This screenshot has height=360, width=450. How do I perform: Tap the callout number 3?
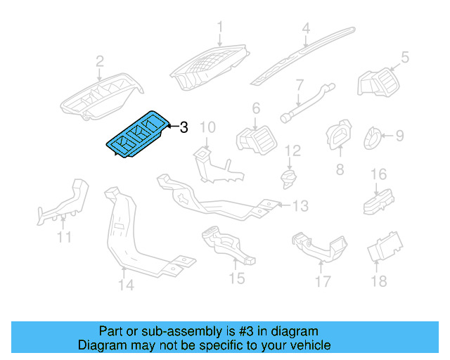[184, 127]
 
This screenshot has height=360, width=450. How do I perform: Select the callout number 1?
[219, 27]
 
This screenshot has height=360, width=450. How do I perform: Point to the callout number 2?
[100, 60]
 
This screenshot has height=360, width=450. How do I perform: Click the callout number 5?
[405, 56]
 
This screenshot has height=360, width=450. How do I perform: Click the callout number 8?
[340, 169]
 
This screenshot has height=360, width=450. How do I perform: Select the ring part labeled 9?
[373, 138]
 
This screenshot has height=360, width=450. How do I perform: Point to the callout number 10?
[207, 127]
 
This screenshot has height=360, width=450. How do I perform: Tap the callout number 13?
[300, 206]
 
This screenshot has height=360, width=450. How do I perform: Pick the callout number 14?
[125, 285]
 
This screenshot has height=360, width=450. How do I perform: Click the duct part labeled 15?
[226, 245]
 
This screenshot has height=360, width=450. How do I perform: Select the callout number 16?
[379, 174]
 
